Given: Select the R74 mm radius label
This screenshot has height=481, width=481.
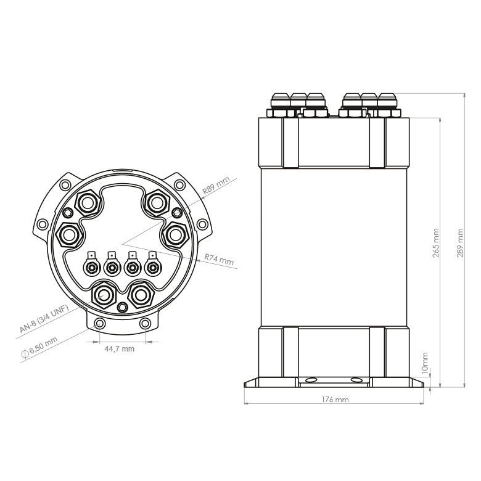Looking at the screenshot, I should (220, 260).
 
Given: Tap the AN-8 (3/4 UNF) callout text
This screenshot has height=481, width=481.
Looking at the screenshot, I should (43, 319).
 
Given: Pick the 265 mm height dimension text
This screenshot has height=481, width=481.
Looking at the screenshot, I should (436, 243).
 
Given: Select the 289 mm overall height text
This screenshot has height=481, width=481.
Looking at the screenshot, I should (460, 243).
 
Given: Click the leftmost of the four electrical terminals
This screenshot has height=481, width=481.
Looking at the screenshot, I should (92, 268).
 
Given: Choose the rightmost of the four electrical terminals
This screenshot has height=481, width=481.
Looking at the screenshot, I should (151, 268).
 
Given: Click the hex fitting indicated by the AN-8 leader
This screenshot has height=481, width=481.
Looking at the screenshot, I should (103, 295).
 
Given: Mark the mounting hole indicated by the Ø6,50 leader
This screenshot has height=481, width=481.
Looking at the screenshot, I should (98, 324).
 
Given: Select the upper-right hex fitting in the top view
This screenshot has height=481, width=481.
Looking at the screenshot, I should (157, 202).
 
